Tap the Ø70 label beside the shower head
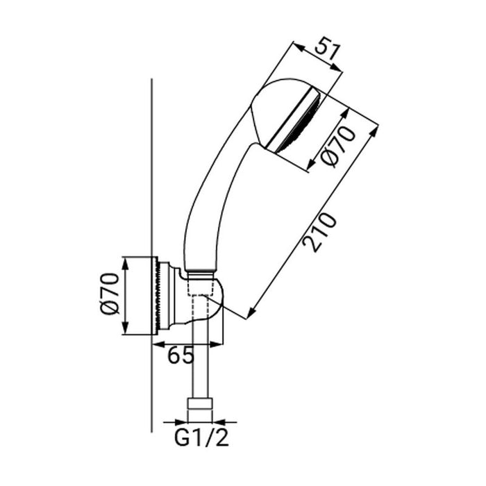tap(340, 147)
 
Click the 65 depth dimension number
tap(181, 355)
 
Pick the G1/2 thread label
tap(201, 439)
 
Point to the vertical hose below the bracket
tap(201, 368)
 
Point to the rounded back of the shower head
tap(267, 104)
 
